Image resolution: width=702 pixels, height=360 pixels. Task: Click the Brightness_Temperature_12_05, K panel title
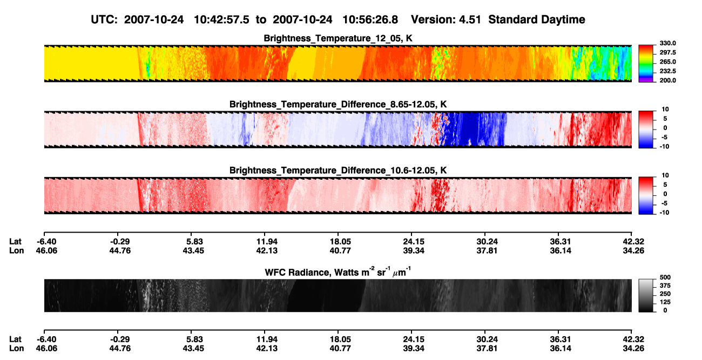tap(338, 38)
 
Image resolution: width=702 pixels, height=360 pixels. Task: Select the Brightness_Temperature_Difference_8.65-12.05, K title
tap(338, 104)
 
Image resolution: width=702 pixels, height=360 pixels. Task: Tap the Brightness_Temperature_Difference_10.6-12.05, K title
tap(338, 171)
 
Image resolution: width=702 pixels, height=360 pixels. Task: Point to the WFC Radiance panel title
tap(338, 272)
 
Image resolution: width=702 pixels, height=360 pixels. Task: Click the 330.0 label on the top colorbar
tap(667, 43)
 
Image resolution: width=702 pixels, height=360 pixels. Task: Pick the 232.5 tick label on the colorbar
tap(667, 71)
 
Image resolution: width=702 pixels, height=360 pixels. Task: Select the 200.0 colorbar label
tap(667, 80)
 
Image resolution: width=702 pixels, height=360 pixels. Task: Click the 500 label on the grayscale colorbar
tap(665, 277)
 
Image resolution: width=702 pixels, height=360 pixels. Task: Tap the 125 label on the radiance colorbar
tap(665, 302)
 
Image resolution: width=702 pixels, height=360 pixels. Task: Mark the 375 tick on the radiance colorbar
tap(665, 286)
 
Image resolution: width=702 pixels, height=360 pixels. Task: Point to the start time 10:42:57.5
tap(221, 19)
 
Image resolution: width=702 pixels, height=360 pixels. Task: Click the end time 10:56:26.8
tap(370, 19)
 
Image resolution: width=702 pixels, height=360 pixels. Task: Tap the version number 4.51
tap(470, 19)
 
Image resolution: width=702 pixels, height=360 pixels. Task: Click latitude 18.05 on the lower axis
tap(340, 339)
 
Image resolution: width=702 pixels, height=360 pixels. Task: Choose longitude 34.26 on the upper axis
tap(633, 250)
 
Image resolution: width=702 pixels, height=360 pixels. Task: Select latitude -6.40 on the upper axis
tap(46, 242)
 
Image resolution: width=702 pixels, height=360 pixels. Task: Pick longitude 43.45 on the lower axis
tap(193, 349)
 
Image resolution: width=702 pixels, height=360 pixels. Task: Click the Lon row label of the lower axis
tap(16, 349)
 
